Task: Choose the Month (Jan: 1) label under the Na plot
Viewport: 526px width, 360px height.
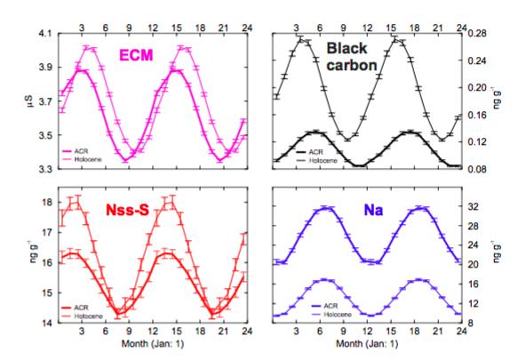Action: pos(368,347)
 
